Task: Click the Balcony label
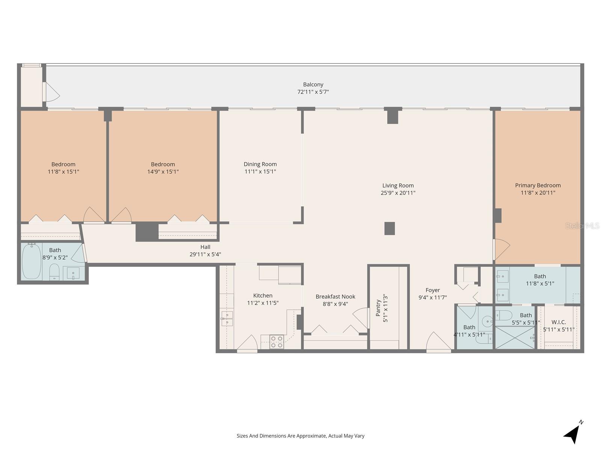(313, 85)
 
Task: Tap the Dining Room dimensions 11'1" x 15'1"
(260, 172)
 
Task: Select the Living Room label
(398, 185)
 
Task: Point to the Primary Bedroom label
(538, 185)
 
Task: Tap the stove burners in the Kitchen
(277, 342)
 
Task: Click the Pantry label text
(379, 308)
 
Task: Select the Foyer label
(432, 290)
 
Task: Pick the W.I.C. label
(559, 322)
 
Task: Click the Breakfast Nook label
(335, 297)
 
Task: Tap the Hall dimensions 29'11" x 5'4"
(205, 254)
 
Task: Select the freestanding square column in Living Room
(390, 229)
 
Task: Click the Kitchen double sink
(227, 319)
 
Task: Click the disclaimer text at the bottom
(300, 436)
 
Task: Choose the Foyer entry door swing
(438, 342)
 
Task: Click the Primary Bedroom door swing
(502, 249)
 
